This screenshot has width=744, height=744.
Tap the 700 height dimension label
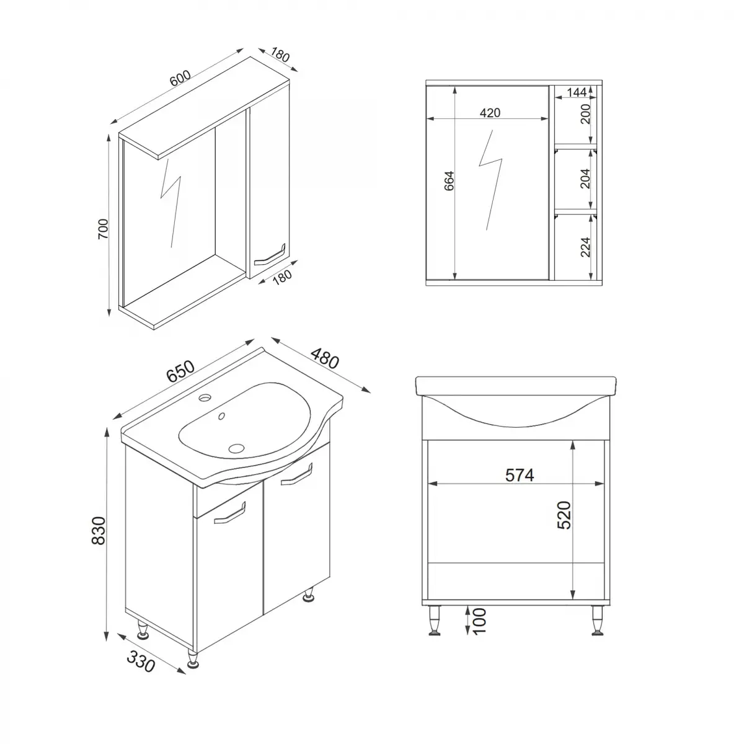point(104,228)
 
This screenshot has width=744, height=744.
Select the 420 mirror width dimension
point(489,112)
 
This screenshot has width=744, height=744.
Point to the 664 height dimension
point(449,180)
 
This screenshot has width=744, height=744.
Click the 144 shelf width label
point(576,93)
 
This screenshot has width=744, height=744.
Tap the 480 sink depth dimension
point(324,359)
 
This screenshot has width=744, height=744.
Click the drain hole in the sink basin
point(236,447)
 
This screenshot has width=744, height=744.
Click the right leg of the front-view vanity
point(598,620)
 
